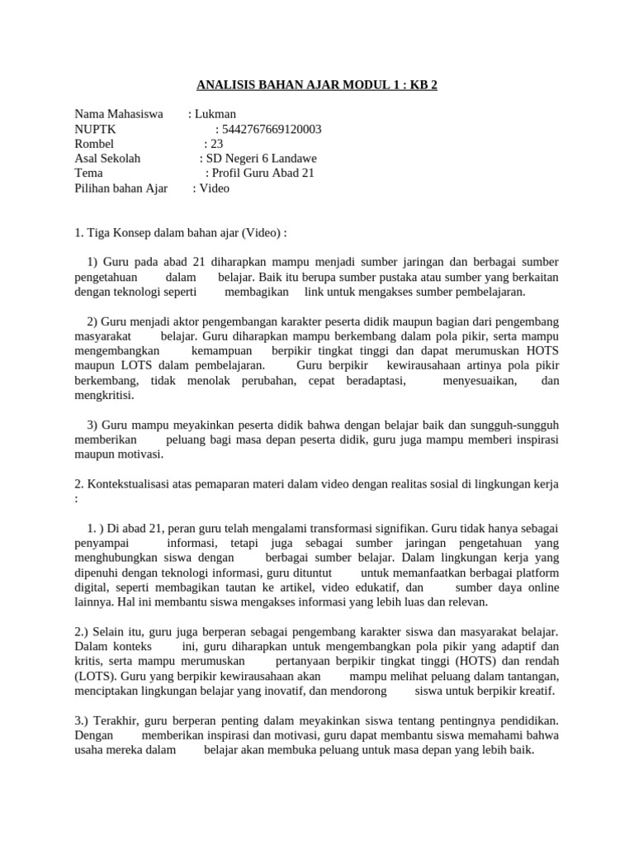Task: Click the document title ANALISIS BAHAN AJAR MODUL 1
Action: tap(316, 84)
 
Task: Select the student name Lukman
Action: tap(215, 114)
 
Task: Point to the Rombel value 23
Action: tap(217, 144)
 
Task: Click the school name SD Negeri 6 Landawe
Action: tap(262, 159)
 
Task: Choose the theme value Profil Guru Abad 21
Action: tap(263, 173)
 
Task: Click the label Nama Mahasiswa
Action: tap(119, 114)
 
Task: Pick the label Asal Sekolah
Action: tap(107, 159)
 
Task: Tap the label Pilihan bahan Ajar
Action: tap(121, 188)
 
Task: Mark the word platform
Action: tap(537, 573)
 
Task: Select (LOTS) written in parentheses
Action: tap(93, 677)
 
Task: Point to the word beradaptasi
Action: tap(378, 381)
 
